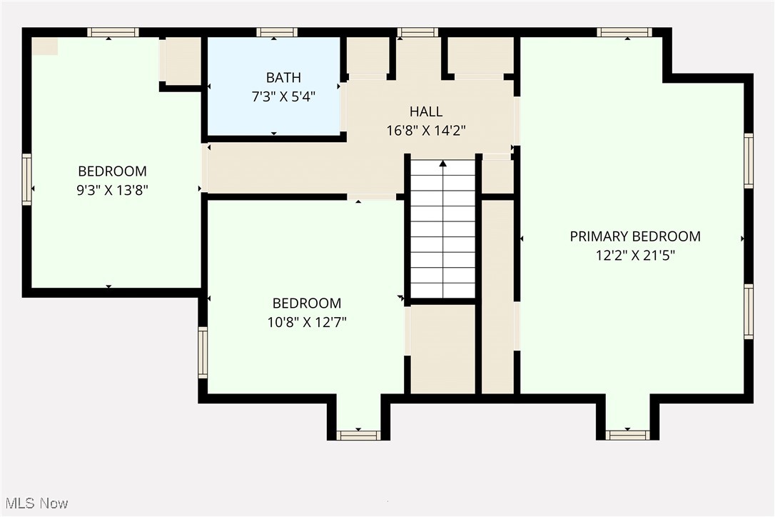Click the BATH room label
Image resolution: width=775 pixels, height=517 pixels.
(x=283, y=77)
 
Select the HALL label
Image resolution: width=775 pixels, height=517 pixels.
(x=426, y=111)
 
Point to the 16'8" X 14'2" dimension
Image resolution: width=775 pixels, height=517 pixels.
(x=426, y=130)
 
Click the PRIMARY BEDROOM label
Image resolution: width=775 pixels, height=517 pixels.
(x=635, y=236)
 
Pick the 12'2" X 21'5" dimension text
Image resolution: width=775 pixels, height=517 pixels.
(x=635, y=254)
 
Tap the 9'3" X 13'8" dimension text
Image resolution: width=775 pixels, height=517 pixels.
(x=112, y=190)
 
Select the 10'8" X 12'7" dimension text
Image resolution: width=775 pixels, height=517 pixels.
(x=306, y=321)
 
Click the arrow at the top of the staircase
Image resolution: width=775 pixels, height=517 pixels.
(x=442, y=164)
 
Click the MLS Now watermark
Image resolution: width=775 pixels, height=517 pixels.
(x=35, y=503)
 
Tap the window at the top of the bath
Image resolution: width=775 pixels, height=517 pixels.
(x=277, y=32)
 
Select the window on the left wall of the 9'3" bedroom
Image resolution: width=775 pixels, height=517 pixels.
(x=27, y=181)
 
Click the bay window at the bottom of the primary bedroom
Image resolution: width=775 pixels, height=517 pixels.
(x=627, y=434)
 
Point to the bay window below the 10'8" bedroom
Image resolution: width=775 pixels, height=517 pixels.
(x=358, y=434)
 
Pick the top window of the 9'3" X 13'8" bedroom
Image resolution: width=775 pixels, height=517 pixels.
(x=113, y=32)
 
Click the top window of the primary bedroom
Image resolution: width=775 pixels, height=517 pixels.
(x=624, y=32)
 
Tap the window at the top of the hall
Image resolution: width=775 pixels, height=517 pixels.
(x=417, y=32)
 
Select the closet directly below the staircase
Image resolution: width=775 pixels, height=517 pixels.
(x=442, y=348)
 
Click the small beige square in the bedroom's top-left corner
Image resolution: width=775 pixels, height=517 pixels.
(x=45, y=46)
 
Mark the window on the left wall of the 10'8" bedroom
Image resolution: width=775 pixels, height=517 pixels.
(x=203, y=352)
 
